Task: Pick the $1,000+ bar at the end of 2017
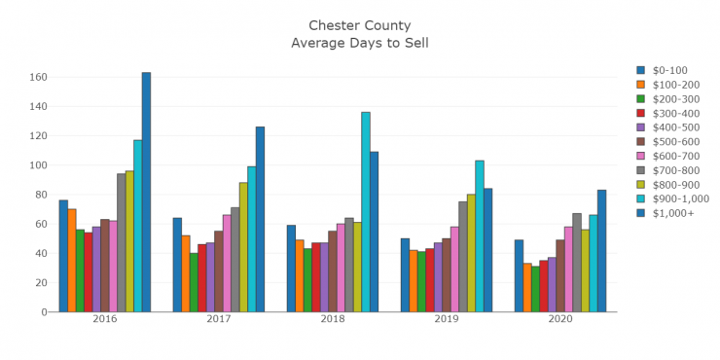click(x=260, y=219)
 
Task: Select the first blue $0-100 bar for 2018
click(x=291, y=269)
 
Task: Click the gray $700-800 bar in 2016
click(x=122, y=242)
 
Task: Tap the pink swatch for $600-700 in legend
click(x=640, y=156)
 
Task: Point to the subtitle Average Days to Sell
click(x=360, y=42)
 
